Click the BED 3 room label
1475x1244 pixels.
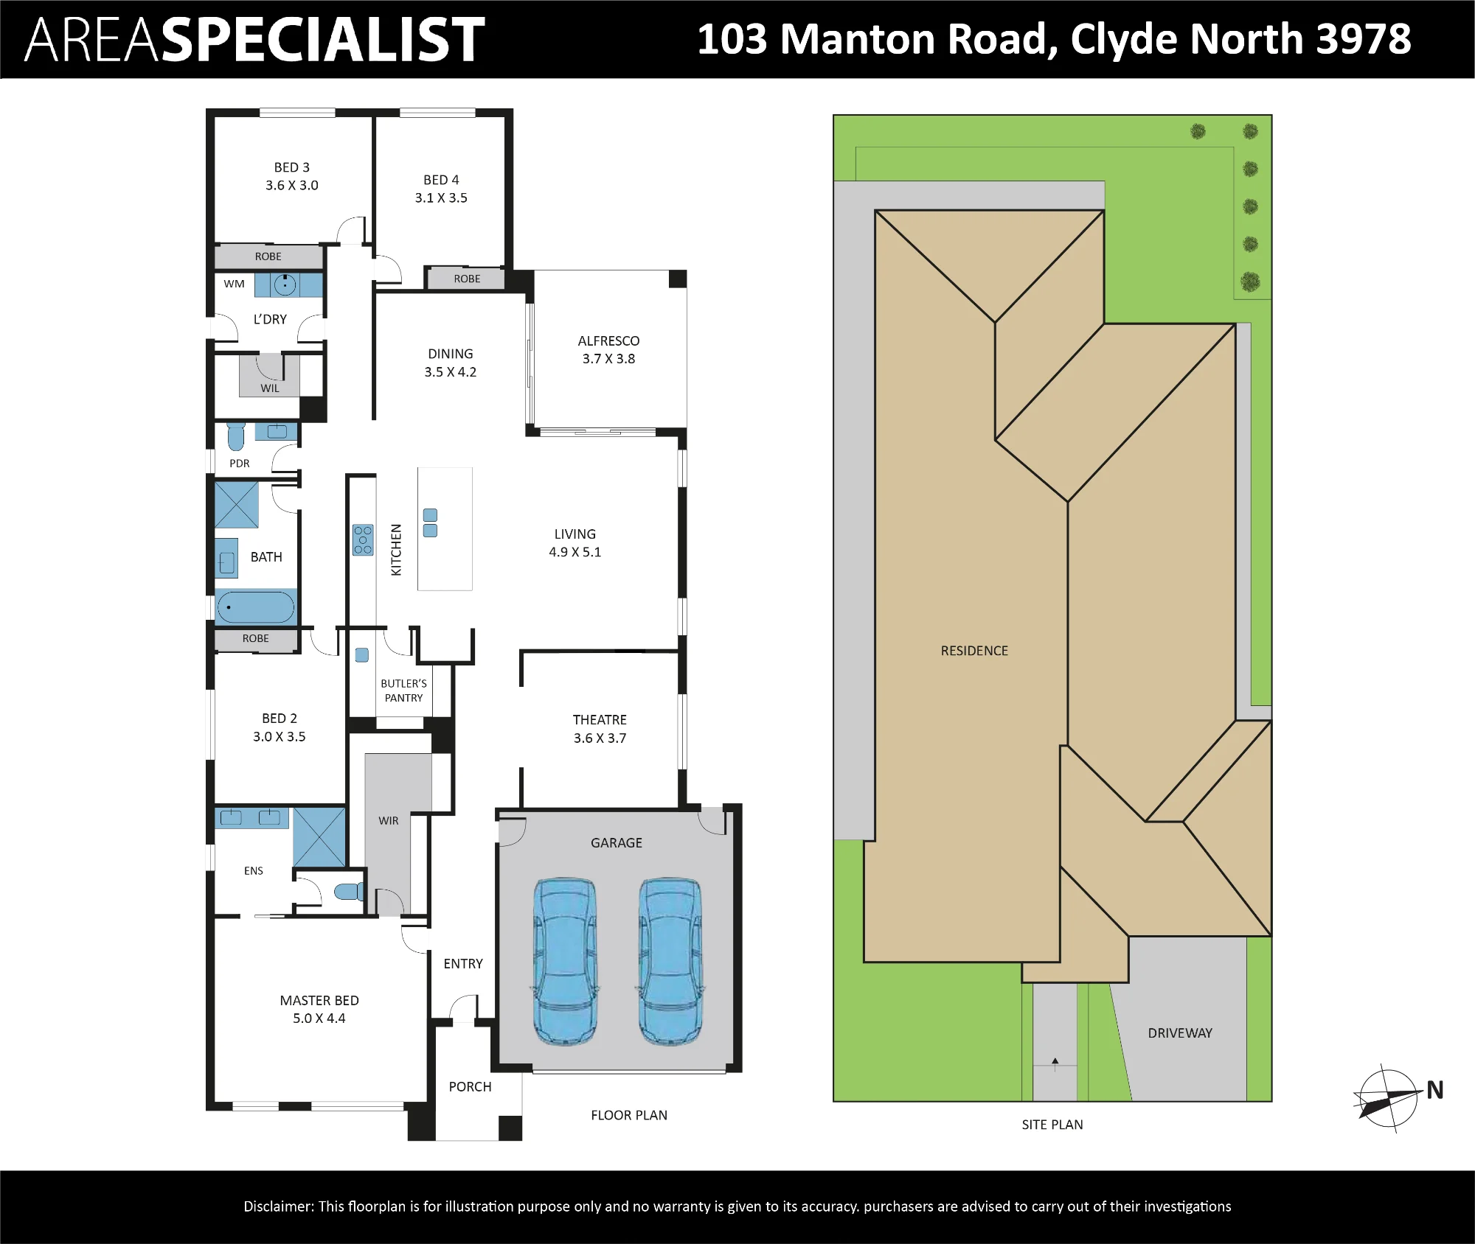tap(292, 167)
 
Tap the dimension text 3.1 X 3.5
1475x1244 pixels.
tap(441, 198)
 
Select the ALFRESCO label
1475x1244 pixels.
tap(608, 340)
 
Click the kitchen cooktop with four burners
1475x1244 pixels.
tap(363, 539)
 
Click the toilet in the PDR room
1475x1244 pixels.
tap(236, 436)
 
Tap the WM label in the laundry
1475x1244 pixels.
tap(234, 284)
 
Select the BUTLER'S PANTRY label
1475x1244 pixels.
tap(403, 691)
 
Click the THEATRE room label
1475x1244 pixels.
tap(600, 719)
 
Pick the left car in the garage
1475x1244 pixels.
tap(565, 961)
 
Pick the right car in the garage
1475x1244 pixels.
tap(670, 961)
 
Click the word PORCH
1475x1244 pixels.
tap(470, 1086)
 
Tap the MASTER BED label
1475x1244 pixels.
tap(319, 1000)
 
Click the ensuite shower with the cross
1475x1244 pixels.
tap(319, 837)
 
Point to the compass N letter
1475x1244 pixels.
tap(1435, 1090)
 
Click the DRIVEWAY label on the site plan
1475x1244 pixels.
tap(1180, 1033)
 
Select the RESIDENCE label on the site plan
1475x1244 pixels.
tap(974, 651)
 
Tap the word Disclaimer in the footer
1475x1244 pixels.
tap(279, 1206)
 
